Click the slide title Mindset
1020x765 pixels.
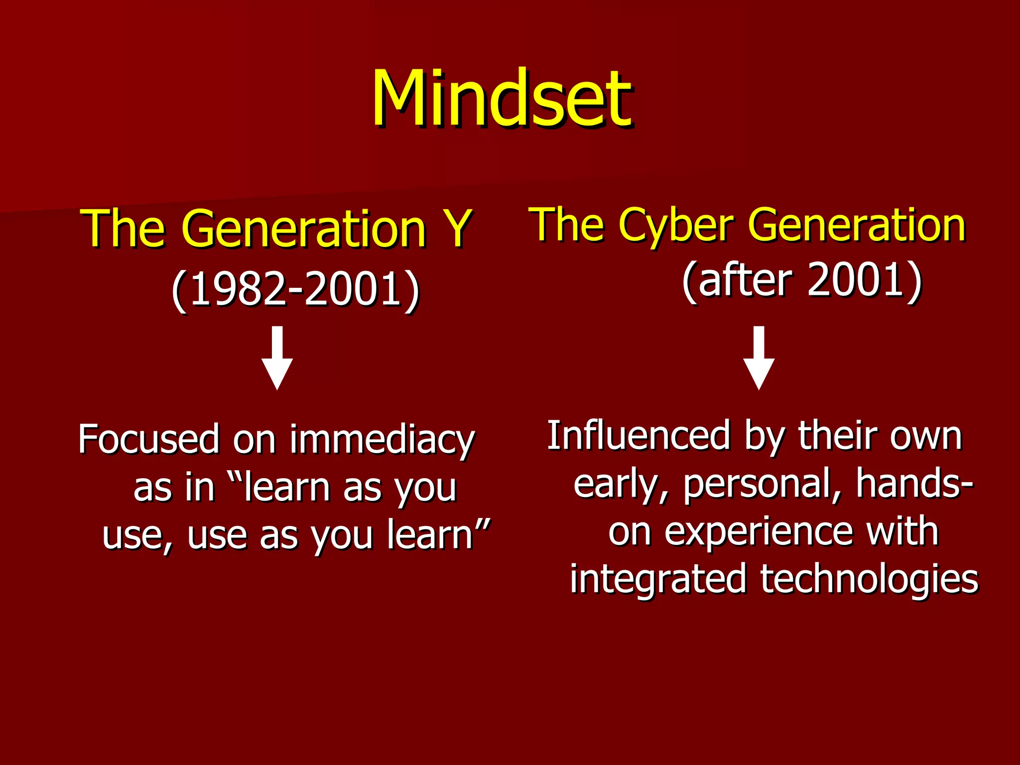(502, 99)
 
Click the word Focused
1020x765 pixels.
(148, 439)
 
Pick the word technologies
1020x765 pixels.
(869, 580)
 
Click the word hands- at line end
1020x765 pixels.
(914, 483)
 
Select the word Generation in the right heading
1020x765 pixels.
(857, 226)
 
